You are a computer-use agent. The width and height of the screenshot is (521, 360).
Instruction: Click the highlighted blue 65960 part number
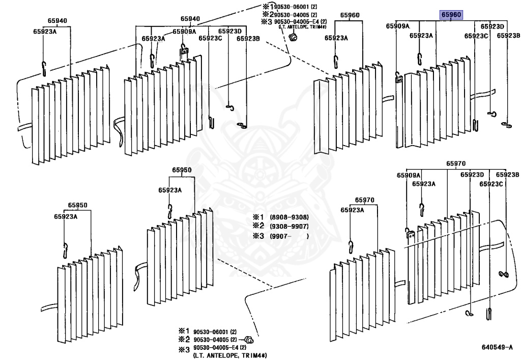point(451,15)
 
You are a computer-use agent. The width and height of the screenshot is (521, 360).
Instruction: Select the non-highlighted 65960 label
point(350,15)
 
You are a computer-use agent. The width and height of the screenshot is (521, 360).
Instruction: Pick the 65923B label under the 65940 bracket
point(248,38)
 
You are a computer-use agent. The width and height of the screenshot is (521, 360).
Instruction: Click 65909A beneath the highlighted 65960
point(397,26)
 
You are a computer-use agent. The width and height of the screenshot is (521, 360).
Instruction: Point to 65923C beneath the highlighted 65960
point(476,36)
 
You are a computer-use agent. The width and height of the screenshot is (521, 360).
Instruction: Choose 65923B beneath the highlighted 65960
point(508,36)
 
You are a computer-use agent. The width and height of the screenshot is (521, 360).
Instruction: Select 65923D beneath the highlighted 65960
point(492,26)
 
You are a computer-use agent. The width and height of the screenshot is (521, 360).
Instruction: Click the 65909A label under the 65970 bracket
point(409,175)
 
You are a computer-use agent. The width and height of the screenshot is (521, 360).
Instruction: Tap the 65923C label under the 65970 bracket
point(491,184)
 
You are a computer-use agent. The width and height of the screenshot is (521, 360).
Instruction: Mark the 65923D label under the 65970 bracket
point(472,175)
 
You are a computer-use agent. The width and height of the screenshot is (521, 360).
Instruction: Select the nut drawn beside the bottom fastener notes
point(249,340)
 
